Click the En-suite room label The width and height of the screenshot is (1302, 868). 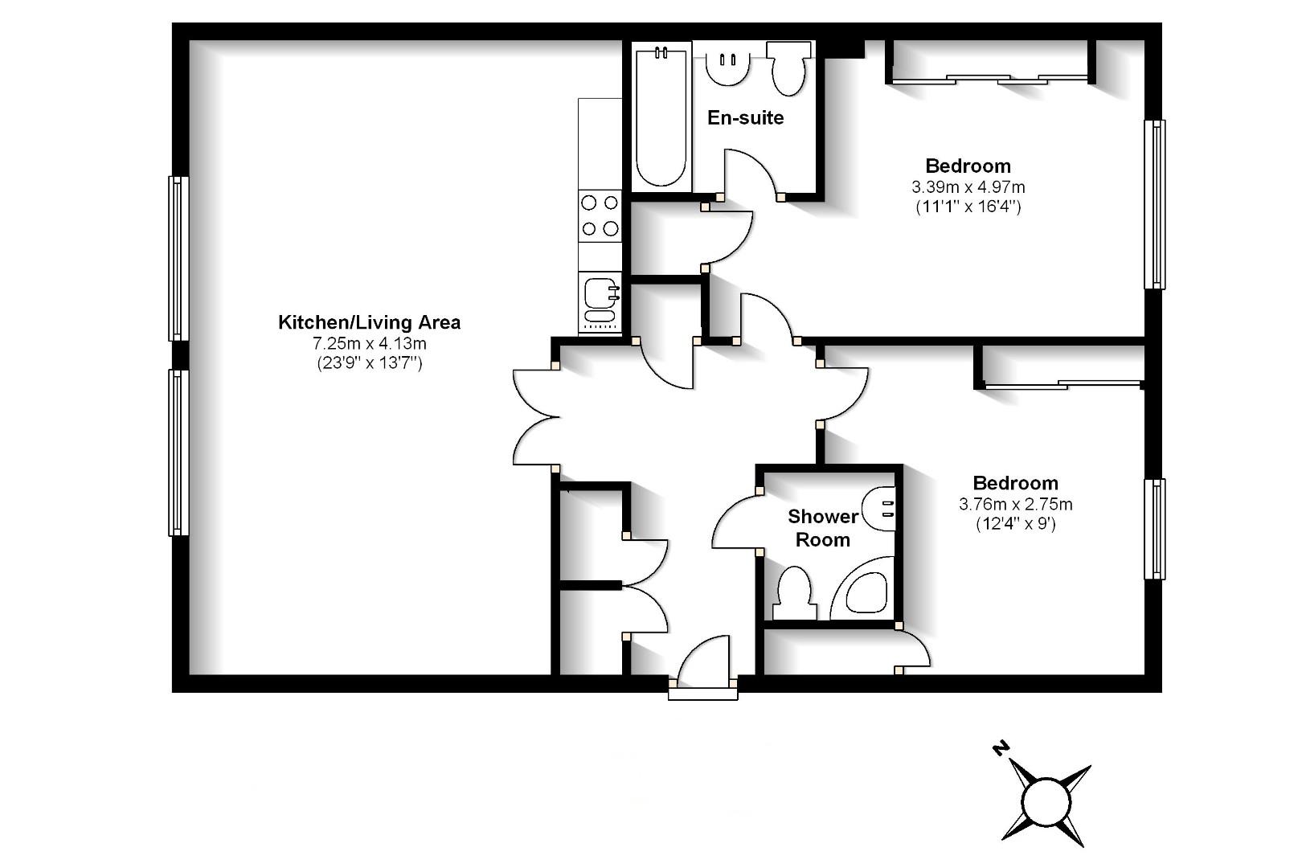pos(745,118)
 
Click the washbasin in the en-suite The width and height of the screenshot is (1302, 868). pos(728,68)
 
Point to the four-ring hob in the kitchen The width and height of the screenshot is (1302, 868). pos(600,215)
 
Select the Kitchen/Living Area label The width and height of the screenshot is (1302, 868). pos(369,322)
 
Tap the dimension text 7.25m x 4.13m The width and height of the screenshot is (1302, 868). pos(369,343)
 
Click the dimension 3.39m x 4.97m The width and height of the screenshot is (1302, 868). pos(968,187)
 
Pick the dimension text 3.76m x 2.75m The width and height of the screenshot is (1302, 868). pos(1015,505)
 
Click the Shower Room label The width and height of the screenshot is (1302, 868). pos(823,528)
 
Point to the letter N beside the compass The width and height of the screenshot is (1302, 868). pos(1000,749)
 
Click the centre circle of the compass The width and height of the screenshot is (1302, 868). pos(1046,802)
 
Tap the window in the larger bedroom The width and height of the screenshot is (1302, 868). pos(1154,204)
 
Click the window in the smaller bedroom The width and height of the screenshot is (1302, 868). pos(1154,529)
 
